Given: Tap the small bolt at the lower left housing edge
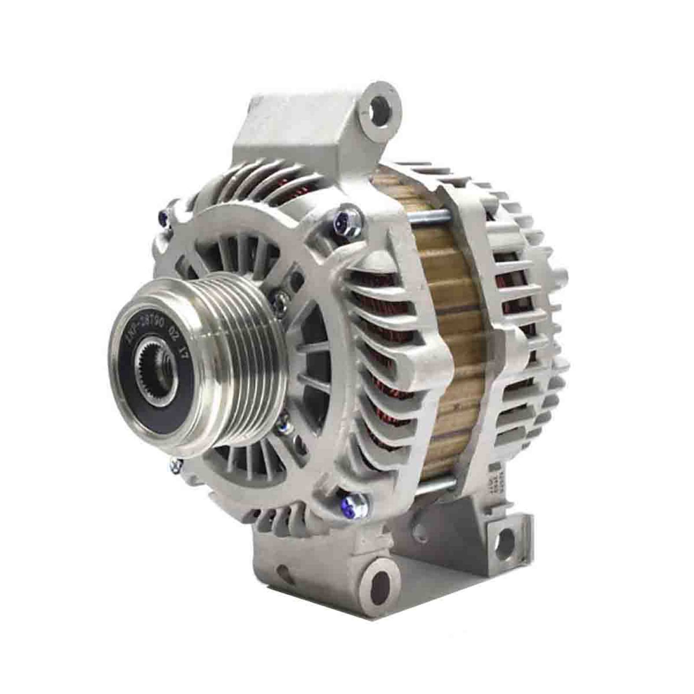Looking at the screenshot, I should [x=174, y=466].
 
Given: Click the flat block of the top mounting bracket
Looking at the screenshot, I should [x=295, y=130].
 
